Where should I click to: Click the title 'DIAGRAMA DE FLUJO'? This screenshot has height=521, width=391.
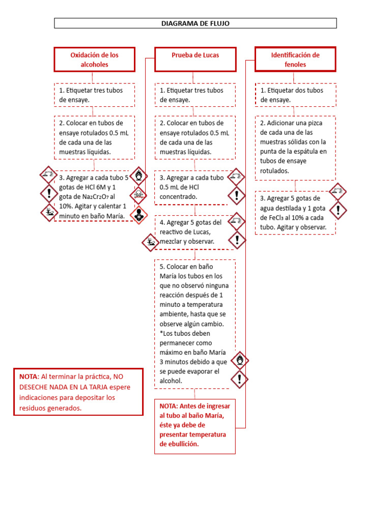[x=195, y=23]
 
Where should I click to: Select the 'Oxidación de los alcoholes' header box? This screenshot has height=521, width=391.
[x=95, y=60]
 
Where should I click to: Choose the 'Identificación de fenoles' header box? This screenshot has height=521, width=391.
[x=295, y=60]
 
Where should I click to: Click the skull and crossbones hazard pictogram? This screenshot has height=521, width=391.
[x=138, y=194]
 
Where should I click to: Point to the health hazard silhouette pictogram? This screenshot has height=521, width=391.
[x=138, y=214]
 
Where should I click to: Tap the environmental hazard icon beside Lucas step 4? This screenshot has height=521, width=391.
[x=151, y=242]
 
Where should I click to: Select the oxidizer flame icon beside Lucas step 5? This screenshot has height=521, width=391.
[x=239, y=361]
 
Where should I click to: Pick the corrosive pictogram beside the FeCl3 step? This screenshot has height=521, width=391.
[x=338, y=191]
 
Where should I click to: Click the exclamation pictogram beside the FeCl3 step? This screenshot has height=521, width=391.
[x=338, y=210]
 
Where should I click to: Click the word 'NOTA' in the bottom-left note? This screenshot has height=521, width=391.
[x=29, y=377]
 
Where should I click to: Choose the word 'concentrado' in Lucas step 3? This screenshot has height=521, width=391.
[x=178, y=196]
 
